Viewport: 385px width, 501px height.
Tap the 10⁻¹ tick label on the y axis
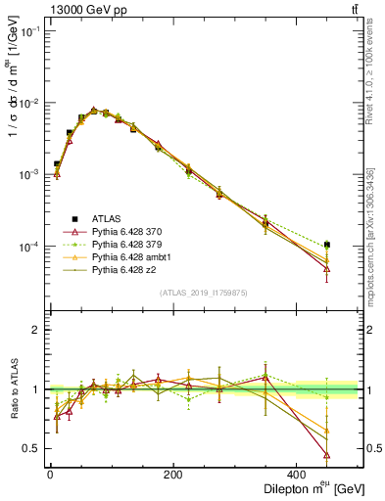pos(29,31)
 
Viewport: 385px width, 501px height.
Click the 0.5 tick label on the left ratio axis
pos(31,448)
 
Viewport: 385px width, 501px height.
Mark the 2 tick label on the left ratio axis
pos(36,330)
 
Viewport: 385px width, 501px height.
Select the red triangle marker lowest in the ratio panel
pos(354,455)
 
